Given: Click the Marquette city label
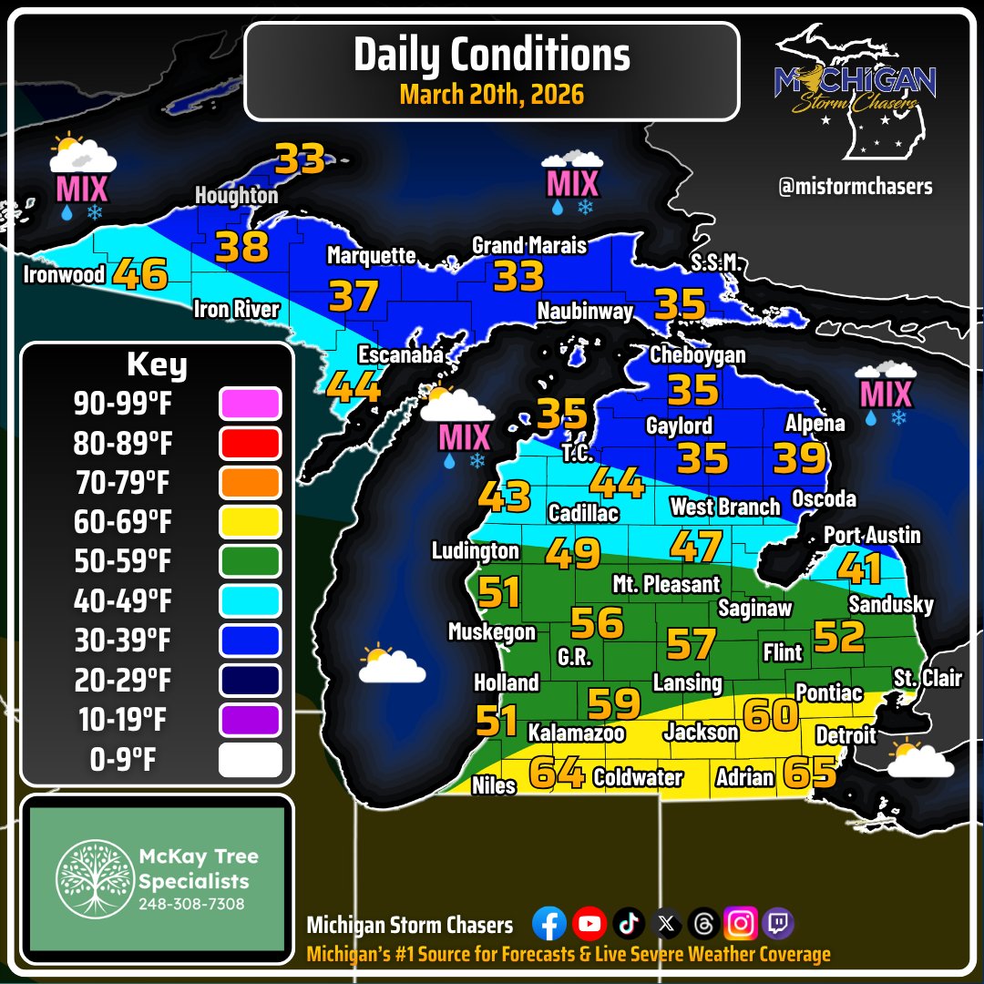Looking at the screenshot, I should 371,256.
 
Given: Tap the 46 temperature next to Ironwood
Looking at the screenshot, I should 140,274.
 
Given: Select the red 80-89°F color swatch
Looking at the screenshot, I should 251,444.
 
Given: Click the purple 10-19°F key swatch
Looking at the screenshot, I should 251,720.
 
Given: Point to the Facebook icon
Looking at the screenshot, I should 548,925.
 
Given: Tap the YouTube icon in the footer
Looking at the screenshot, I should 589,925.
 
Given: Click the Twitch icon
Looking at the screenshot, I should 778,925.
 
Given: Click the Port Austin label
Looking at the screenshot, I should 872,535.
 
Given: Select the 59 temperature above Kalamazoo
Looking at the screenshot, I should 615,703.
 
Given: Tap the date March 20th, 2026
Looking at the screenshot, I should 491,94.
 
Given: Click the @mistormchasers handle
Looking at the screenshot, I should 856,186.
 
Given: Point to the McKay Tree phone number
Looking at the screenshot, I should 191,905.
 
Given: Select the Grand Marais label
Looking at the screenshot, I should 528,245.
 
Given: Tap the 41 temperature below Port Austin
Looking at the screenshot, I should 860,569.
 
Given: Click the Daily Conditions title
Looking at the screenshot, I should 491,55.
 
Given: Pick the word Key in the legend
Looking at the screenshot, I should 157,365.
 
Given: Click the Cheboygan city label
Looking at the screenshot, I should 697,355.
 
